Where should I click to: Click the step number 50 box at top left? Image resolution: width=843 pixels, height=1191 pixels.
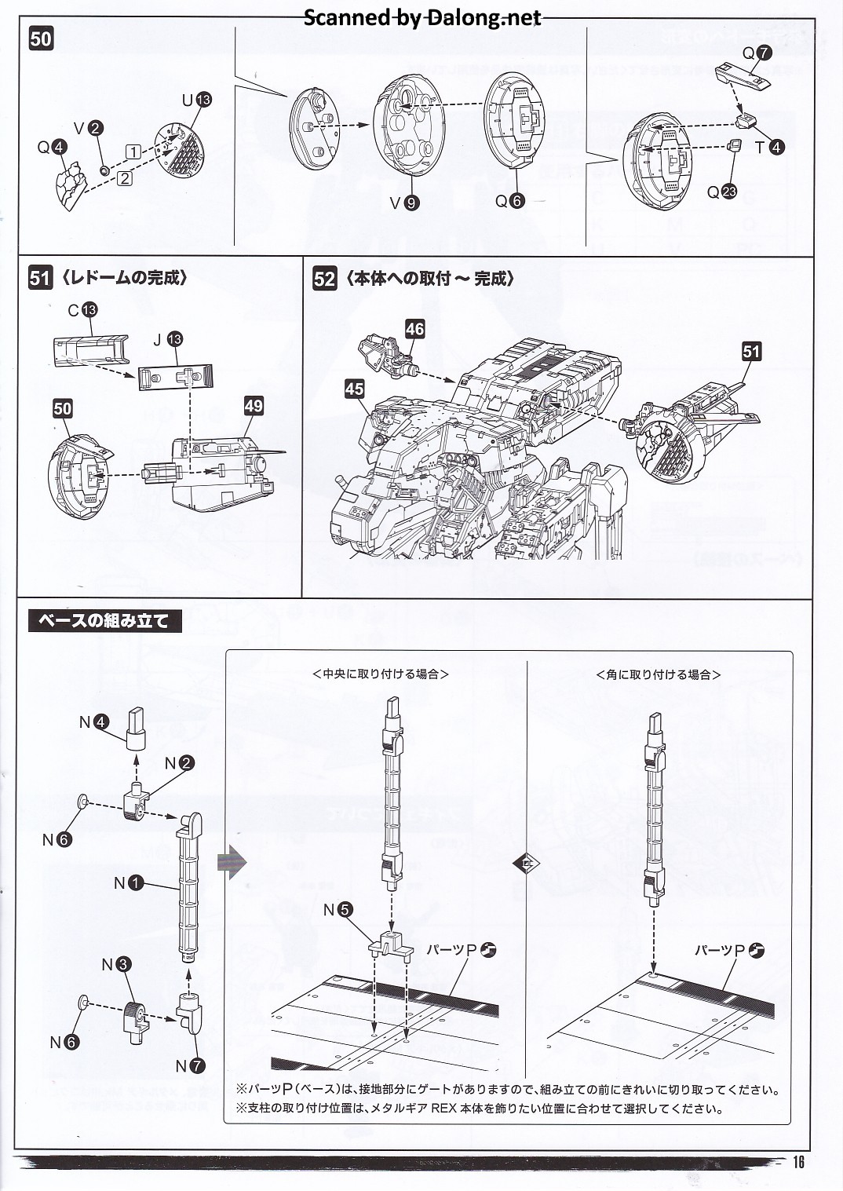point(41,39)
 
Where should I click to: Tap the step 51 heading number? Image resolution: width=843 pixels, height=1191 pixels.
point(40,278)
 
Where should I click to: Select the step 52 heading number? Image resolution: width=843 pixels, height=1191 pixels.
point(324,279)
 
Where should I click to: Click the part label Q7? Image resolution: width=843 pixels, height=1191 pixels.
point(757,53)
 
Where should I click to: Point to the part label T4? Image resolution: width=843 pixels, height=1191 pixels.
point(768,147)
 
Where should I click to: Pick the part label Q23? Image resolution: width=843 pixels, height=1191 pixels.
point(722,192)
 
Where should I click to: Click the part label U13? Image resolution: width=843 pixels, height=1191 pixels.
point(196,100)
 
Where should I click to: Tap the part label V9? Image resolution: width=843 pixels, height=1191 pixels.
point(404,203)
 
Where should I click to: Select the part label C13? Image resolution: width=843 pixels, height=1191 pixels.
point(82,310)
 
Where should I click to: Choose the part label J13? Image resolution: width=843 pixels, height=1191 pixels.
point(167,339)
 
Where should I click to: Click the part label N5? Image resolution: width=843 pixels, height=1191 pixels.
point(338,910)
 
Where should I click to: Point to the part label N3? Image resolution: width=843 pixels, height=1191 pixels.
point(116,965)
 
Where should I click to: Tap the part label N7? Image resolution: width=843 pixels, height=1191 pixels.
point(190,1065)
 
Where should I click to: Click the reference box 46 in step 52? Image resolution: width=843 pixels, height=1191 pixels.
point(414,329)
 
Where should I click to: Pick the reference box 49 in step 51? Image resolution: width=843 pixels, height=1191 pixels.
point(254,406)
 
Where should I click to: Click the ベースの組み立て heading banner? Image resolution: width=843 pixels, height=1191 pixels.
point(104,621)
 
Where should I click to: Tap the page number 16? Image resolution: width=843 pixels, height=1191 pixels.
point(797,1163)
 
